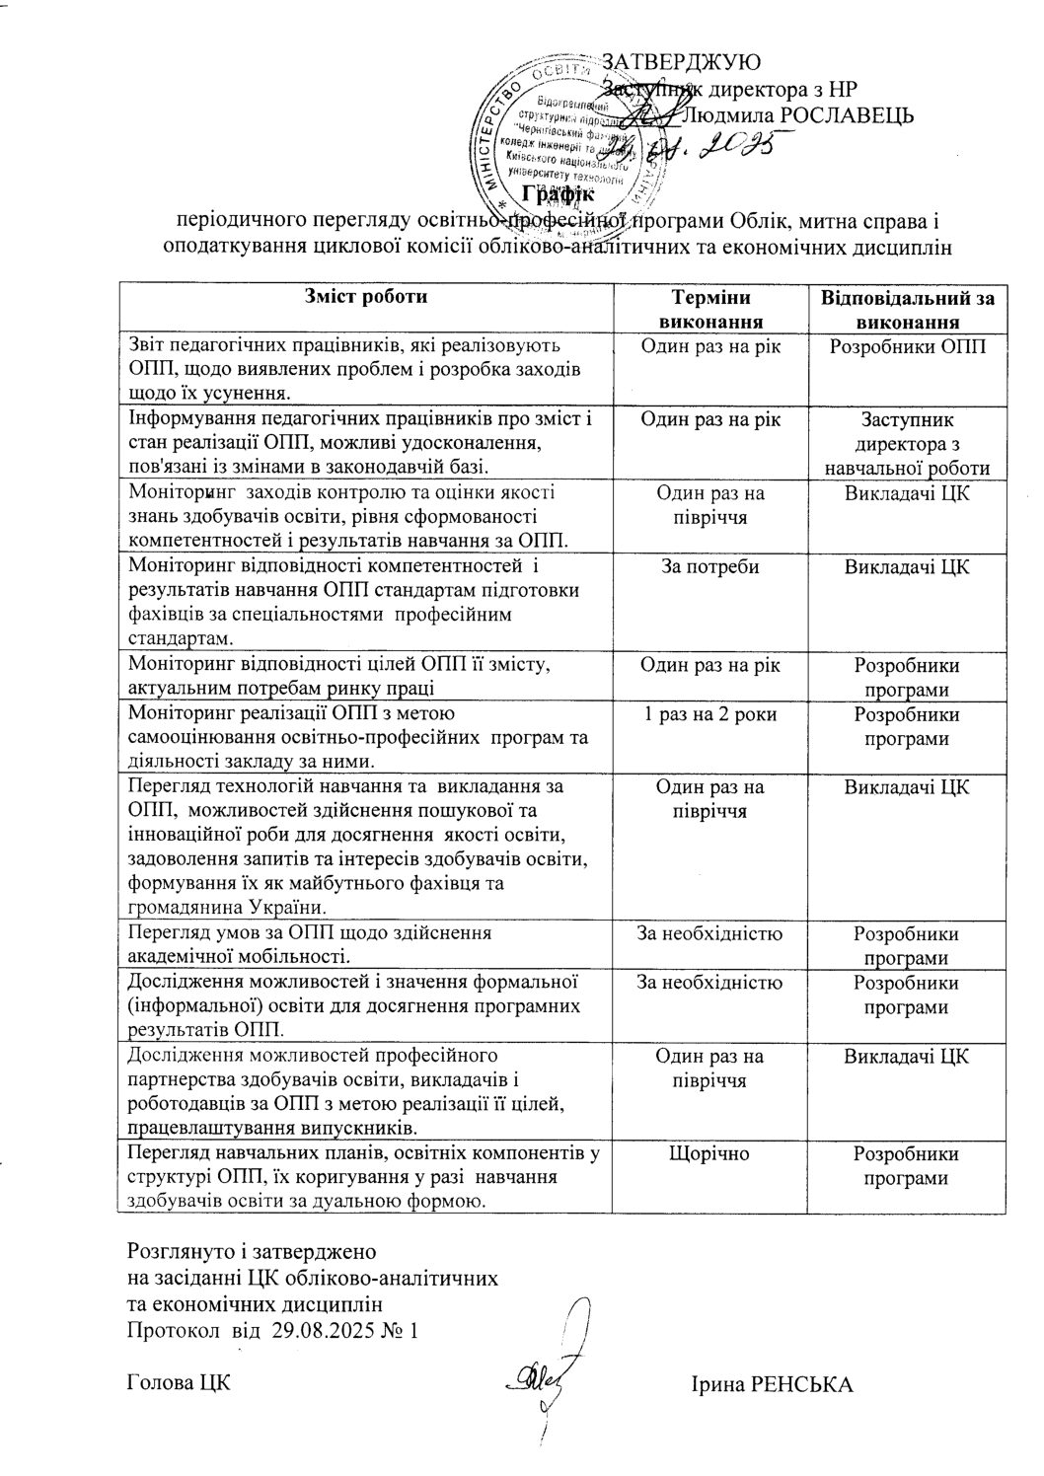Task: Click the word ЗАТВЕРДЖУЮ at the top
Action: [681, 62]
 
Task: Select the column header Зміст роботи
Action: [366, 296]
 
